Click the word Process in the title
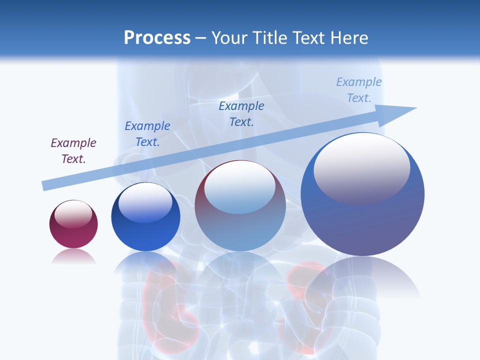click(x=157, y=38)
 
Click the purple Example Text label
click(x=73, y=151)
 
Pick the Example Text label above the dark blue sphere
click(x=147, y=134)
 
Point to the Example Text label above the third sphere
click(x=241, y=114)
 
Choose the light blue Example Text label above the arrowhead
click(x=359, y=90)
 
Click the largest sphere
click(x=362, y=220)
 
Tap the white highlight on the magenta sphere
click(x=73, y=214)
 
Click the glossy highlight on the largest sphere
click(x=362, y=167)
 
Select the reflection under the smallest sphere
click(x=73, y=256)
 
